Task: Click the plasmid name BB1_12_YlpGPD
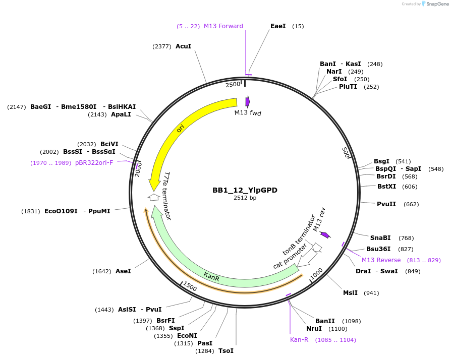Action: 245,190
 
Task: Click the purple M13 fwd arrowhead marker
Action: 247,101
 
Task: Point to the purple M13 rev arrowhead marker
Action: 325,234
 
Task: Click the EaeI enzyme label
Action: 278,26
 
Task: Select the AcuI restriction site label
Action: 184,46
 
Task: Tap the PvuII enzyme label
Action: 386,204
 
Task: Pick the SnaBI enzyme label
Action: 380,238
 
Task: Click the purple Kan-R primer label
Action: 299,340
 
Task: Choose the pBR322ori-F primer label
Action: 94,163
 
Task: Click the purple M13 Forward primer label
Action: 223,26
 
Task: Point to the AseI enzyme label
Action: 123,271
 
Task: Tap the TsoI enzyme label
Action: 226,351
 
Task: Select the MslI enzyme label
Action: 350,293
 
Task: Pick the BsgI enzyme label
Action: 381,161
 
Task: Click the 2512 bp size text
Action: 245,198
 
